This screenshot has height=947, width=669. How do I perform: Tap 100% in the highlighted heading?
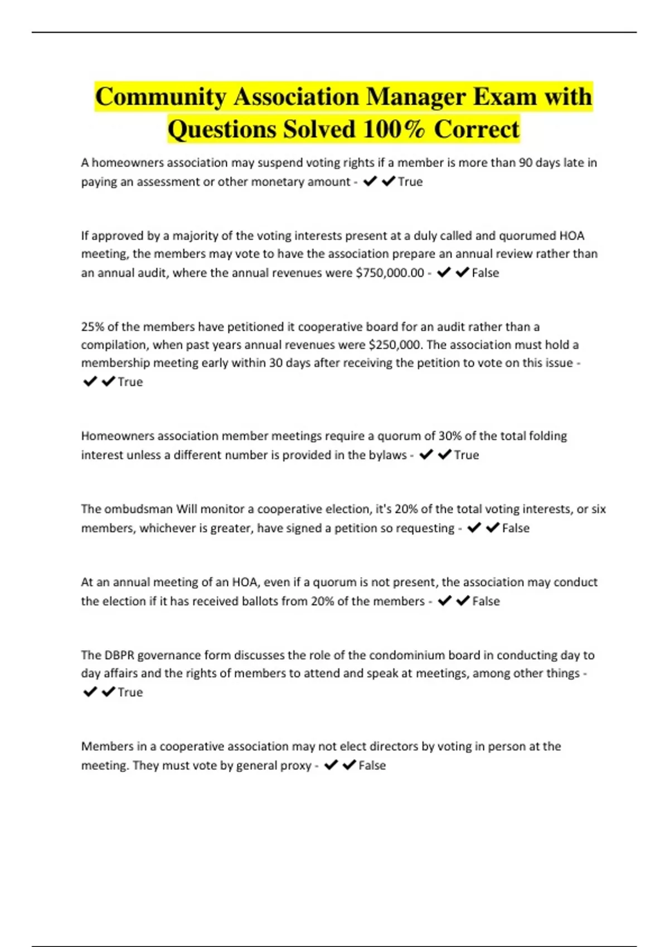tap(394, 129)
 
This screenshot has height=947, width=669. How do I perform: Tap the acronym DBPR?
tap(119, 655)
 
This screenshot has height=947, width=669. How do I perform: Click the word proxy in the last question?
tap(296, 765)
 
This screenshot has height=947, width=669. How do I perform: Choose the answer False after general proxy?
tap(372, 765)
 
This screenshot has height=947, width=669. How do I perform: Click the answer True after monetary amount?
tap(410, 182)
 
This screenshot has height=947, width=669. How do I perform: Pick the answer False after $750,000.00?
tap(486, 273)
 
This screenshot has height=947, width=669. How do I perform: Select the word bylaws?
tap(386, 455)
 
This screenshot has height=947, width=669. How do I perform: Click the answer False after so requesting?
tap(516, 528)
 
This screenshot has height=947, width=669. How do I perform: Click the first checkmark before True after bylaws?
tap(426, 455)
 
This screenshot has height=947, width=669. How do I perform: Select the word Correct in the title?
tap(477, 129)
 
